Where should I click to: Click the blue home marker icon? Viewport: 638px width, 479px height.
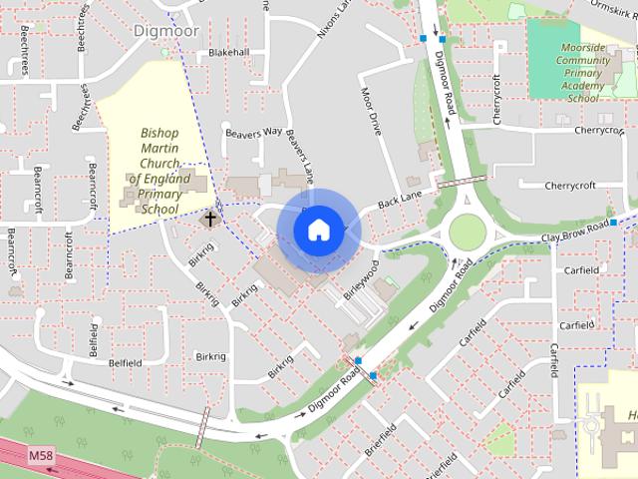[318, 230]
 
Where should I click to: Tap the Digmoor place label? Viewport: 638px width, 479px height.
[166, 31]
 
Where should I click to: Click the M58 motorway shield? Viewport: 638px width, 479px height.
[40, 456]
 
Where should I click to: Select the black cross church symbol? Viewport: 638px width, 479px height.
[210, 217]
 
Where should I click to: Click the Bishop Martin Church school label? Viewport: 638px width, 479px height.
[159, 171]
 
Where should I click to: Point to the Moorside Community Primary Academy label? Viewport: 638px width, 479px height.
[583, 73]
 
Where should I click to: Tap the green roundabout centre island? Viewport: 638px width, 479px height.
[467, 234]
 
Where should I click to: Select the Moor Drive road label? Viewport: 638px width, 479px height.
[371, 113]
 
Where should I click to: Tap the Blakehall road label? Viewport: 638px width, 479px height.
[228, 52]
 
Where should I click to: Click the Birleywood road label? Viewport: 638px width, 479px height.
[361, 281]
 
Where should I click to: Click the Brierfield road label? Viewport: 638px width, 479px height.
[381, 439]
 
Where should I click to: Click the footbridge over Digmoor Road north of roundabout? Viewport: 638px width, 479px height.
[461, 182]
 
